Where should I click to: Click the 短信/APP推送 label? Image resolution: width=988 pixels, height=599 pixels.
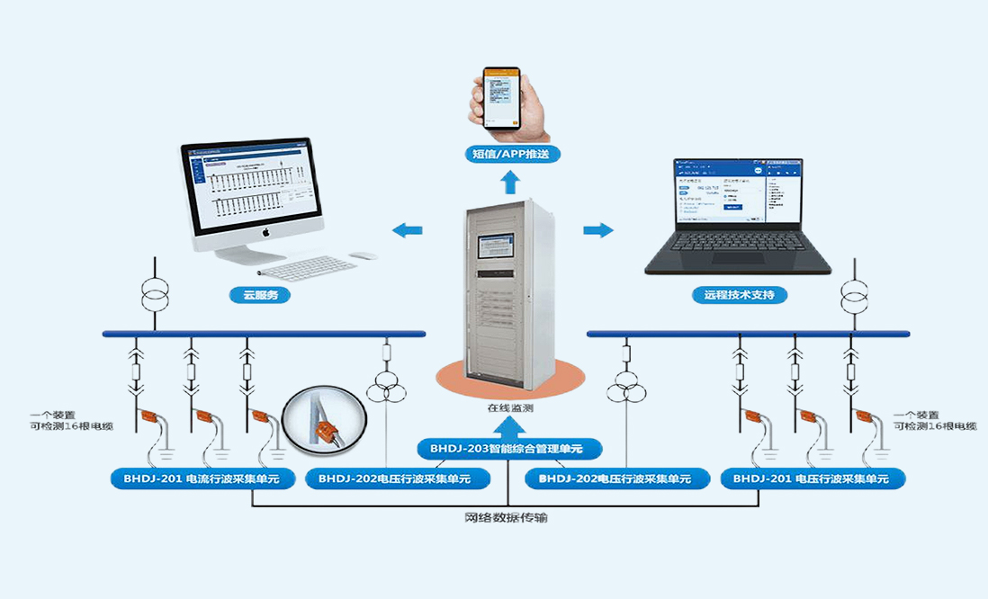pos(509,154)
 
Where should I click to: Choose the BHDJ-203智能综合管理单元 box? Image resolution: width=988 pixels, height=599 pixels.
pos(508,447)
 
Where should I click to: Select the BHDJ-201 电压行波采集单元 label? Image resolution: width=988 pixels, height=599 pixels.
pos(812,478)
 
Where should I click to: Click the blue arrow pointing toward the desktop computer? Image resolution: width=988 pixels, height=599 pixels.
pos(407,231)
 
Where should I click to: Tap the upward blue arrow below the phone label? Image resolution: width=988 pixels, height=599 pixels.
pos(509,183)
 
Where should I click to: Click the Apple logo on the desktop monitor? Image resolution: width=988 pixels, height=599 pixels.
pos(266,233)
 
